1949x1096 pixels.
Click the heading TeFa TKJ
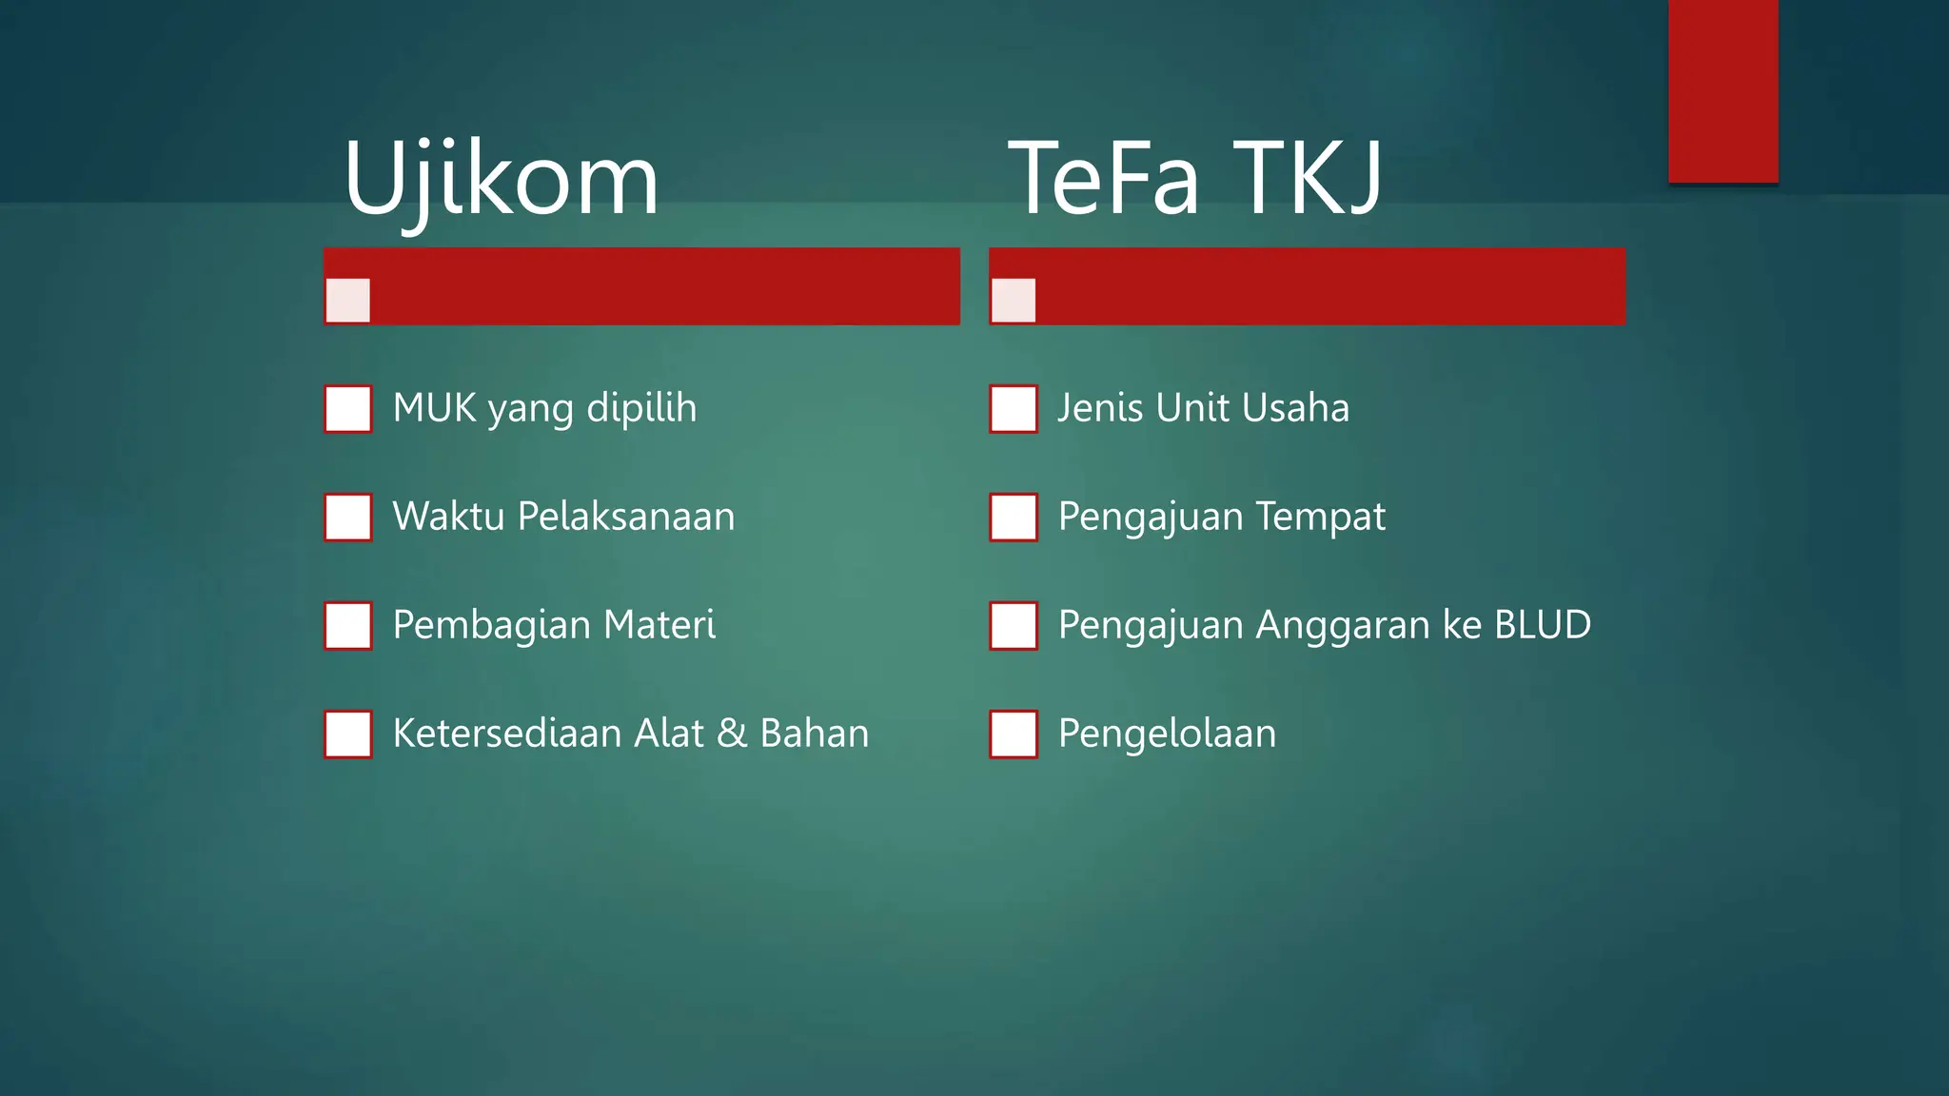tap(1194, 179)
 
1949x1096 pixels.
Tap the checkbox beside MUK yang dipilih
tap(348, 409)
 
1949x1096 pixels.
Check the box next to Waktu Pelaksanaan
tap(348, 518)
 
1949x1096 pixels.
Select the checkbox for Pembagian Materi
tap(348, 626)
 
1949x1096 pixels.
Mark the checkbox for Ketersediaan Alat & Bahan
tap(348, 734)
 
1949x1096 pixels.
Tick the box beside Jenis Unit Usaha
tap(1014, 409)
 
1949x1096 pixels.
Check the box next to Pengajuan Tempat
tap(1014, 518)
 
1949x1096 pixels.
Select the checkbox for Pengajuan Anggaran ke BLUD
tap(1014, 626)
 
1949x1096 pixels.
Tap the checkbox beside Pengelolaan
tap(1014, 734)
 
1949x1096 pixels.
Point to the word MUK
tap(434, 408)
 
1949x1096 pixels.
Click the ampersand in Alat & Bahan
tap(732, 734)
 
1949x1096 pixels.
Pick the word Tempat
tap(1320, 518)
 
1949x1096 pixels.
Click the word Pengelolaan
tap(1167, 734)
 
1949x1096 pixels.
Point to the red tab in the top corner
tap(1723, 90)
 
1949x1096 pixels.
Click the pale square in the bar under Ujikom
tap(347, 301)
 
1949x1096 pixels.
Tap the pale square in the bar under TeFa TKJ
tap(1013, 301)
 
